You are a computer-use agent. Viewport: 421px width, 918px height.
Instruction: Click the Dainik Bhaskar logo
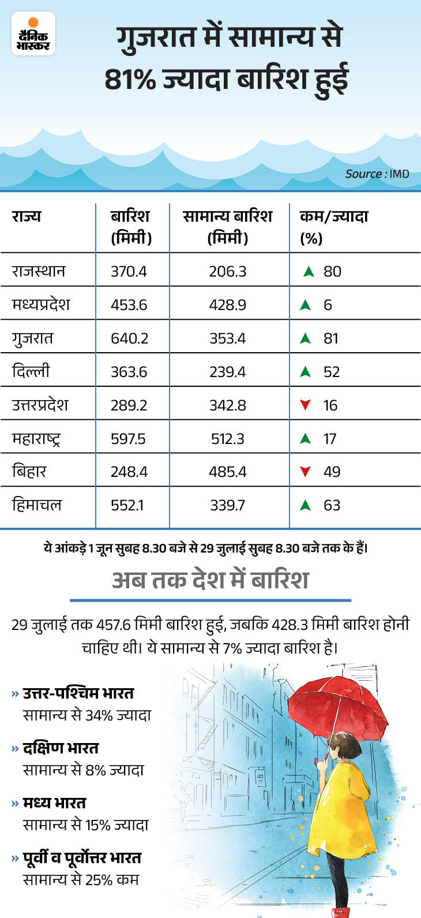(x=33, y=34)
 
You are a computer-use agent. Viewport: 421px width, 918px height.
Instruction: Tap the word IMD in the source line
(x=399, y=174)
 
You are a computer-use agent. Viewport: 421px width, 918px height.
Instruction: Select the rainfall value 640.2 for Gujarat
(x=129, y=338)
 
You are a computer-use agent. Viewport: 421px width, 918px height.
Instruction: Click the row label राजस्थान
(x=39, y=271)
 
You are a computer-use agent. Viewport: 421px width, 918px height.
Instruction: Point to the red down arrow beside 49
(x=306, y=472)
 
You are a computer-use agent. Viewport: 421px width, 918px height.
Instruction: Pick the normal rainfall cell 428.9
(x=228, y=305)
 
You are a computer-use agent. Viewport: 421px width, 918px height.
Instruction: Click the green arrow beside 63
(x=306, y=505)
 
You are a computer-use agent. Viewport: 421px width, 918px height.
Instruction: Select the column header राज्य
(x=27, y=217)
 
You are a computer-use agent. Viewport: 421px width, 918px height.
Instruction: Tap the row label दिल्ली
(x=31, y=371)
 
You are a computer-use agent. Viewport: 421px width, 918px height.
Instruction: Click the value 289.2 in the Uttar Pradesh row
(x=129, y=405)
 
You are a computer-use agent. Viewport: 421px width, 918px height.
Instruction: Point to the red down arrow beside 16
(x=306, y=405)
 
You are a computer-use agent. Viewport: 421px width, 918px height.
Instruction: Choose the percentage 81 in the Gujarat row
(x=331, y=338)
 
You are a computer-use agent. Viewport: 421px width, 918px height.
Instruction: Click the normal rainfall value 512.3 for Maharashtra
(x=228, y=439)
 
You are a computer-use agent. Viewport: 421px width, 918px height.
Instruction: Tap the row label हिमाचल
(x=36, y=505)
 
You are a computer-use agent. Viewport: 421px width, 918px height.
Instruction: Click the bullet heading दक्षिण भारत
(x=61, y=748)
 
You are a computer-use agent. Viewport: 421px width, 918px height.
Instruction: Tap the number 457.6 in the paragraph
(x=111, y=625)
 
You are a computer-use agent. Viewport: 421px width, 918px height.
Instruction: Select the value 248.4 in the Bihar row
(x=129, y=472)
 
